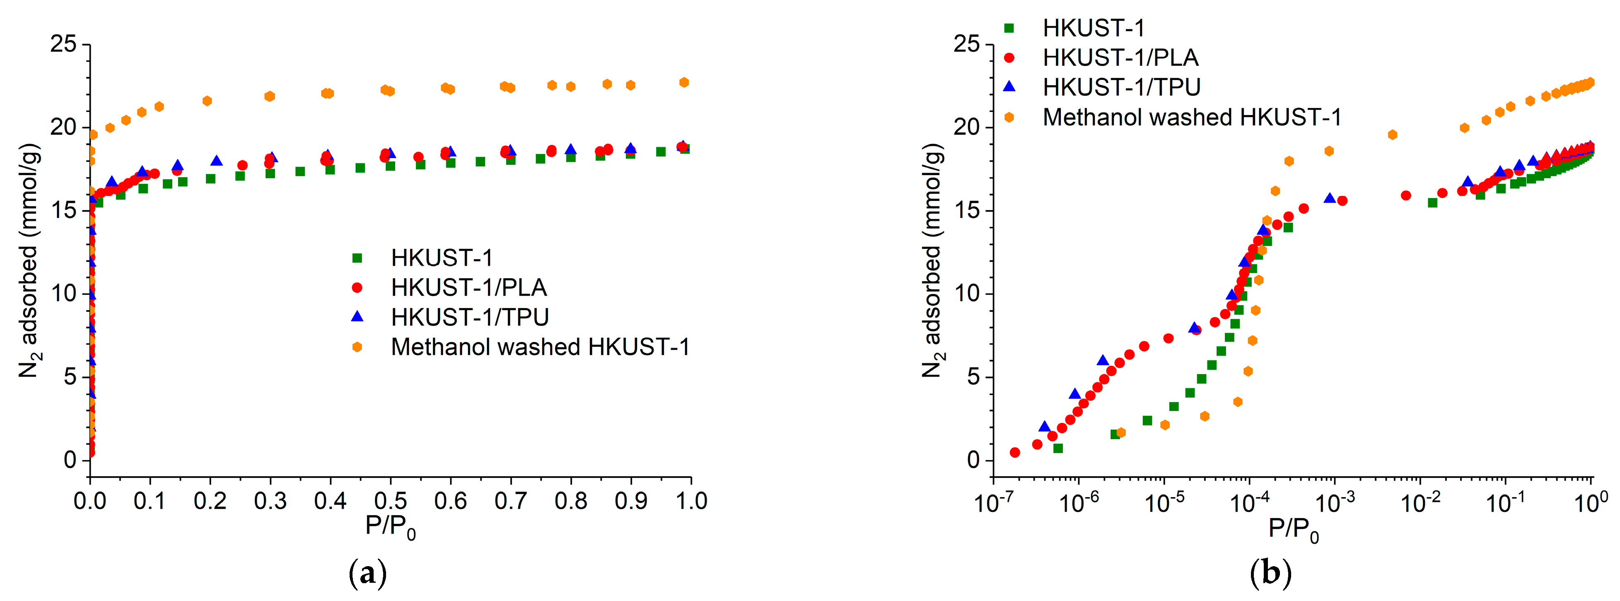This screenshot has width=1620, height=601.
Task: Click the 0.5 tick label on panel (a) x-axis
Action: [x=390, y=501]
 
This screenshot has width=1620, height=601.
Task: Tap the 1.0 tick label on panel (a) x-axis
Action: [x=690, y=501]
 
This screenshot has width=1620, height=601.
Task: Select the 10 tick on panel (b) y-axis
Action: [x=968, y=294]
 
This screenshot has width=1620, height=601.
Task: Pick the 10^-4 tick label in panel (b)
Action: [x=1249, y=503]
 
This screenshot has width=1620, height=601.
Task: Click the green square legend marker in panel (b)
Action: [x=1009, y=28]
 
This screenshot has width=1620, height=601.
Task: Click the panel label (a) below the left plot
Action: [x=367, y=573]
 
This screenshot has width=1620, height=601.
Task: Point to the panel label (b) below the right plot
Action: [x=1271, y=573]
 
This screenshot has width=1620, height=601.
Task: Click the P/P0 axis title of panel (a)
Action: [x=390, y=527]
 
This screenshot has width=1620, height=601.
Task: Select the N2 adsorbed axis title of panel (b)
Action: [x=933, y=261]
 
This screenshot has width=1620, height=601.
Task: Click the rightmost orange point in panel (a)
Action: [x=684, y=82]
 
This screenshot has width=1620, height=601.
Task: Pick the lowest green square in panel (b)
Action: [x=1058, y=448]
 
